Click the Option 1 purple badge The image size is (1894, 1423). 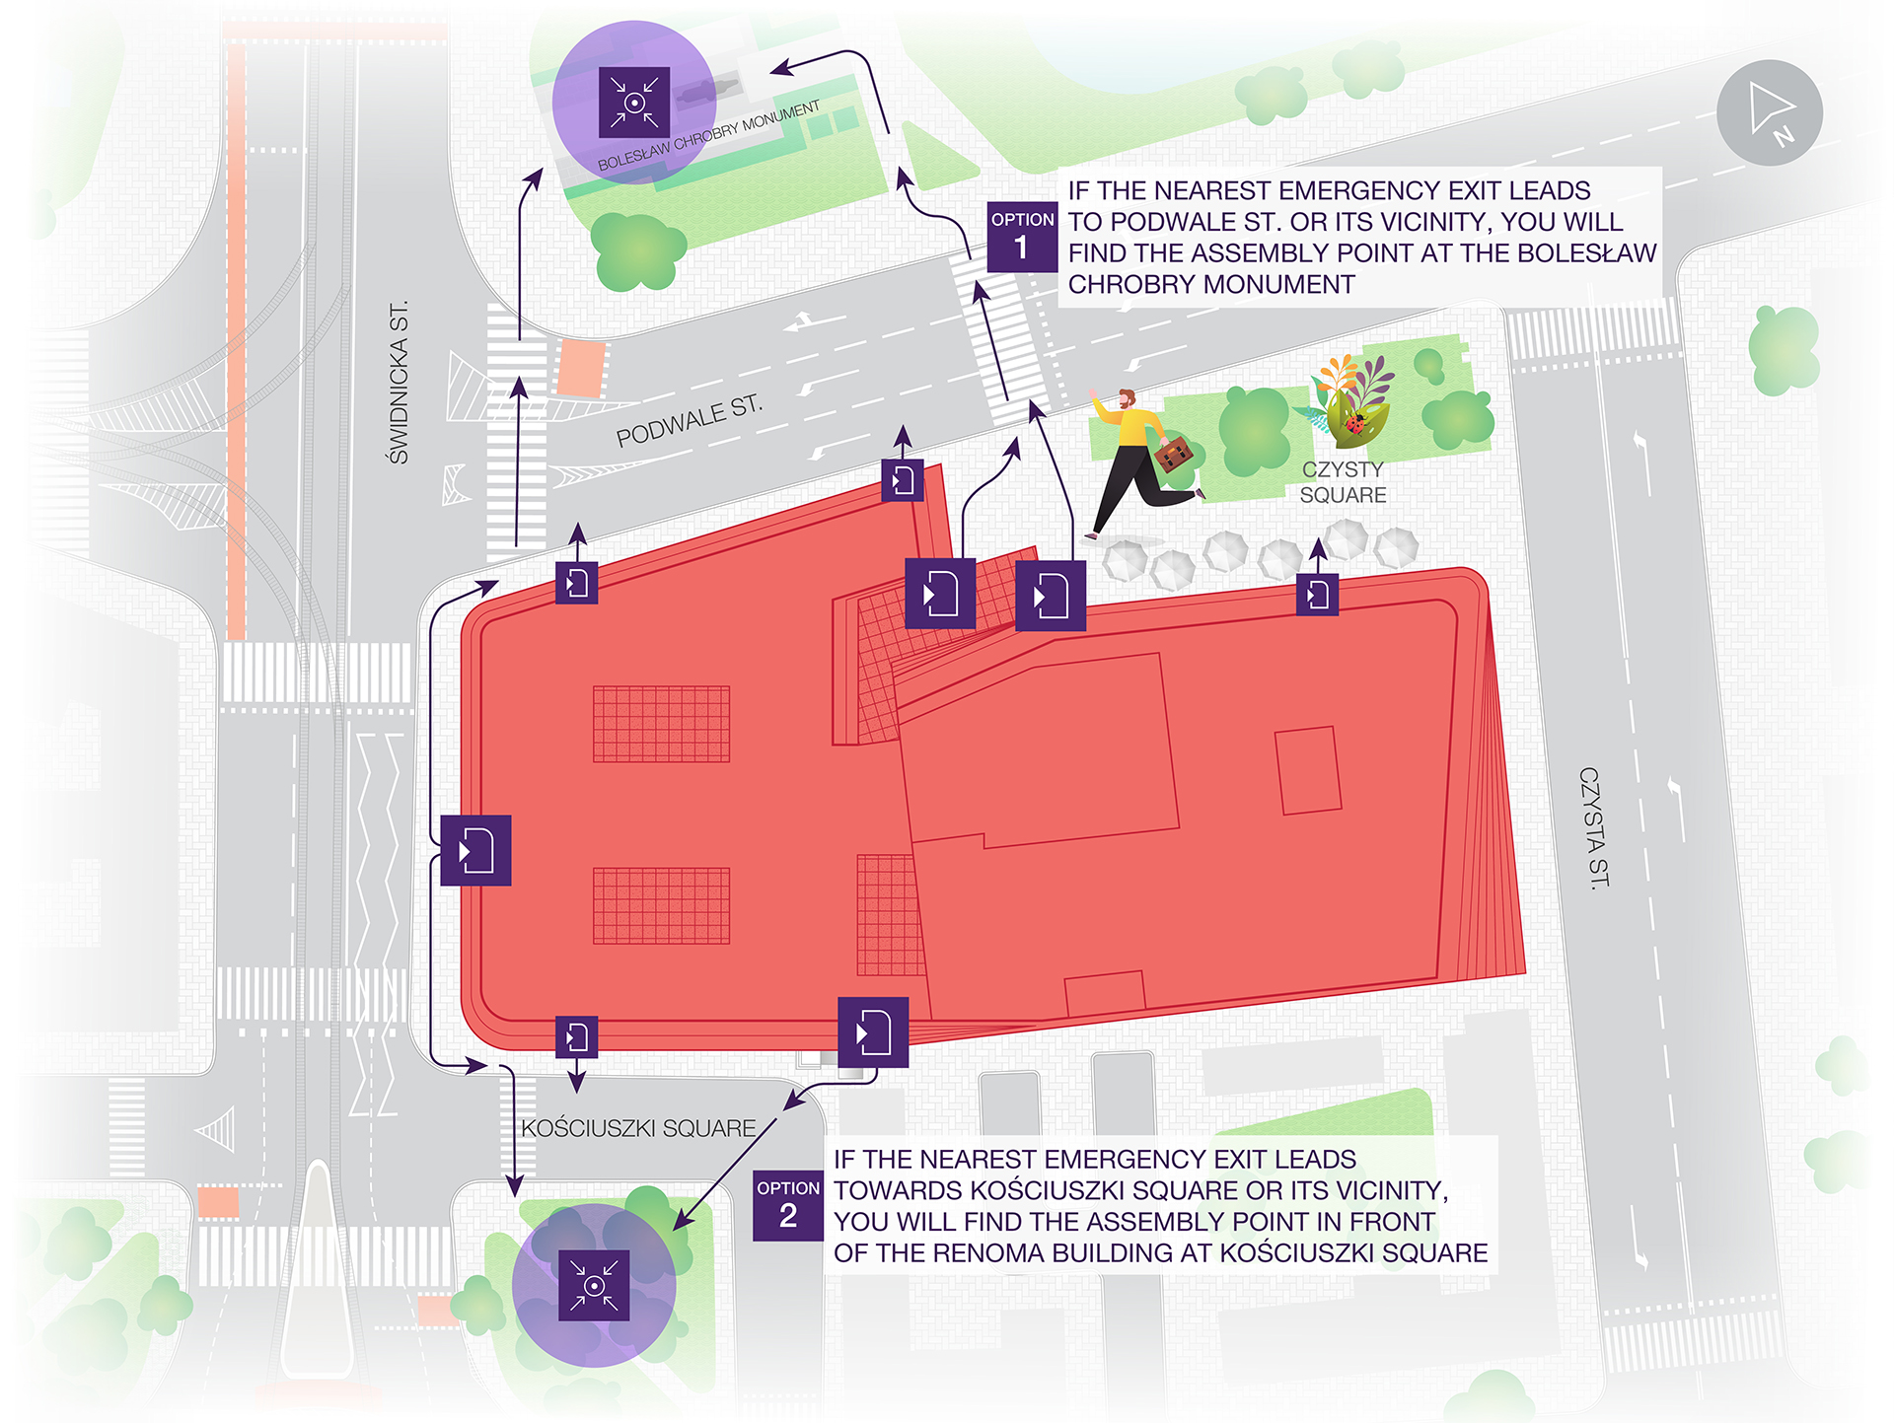point(1022,237)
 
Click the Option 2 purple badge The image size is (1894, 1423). point(787,1205)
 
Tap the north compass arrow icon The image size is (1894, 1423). point(1770,112)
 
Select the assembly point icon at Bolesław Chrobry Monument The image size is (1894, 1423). point(634,102)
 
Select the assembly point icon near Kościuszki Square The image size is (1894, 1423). point(594,1285)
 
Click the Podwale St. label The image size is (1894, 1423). point(689,421)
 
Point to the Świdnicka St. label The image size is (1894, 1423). point(398,383)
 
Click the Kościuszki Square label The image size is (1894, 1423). point(638,1128)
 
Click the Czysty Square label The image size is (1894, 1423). point(1343,482)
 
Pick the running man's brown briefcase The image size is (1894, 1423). point(1173,455)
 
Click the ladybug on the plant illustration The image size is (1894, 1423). point(1355,425)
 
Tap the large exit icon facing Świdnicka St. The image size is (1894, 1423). point(475,850)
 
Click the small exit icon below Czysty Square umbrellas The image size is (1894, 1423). point(1317,595)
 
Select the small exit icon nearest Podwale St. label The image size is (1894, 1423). point(902,480)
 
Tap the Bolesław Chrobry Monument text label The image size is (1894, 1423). point(708,135)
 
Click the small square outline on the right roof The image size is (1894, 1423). point(1308,770)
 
